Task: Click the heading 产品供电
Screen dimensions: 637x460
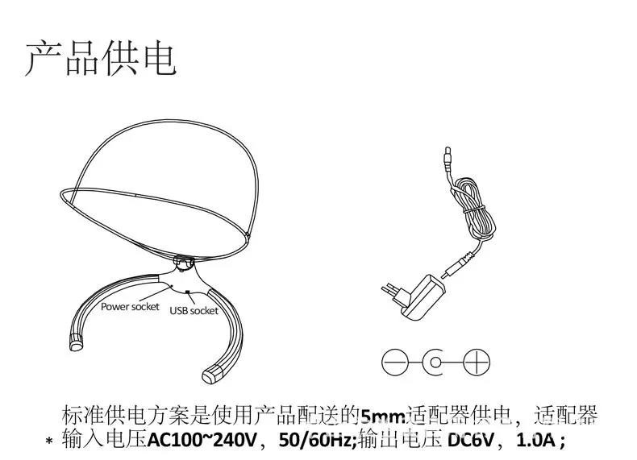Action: tap(100, 57)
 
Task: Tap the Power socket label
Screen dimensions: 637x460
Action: tap(130, 306)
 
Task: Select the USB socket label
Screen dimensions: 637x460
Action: tap(194, 310)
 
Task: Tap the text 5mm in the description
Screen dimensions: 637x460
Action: tap(380, 416)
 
